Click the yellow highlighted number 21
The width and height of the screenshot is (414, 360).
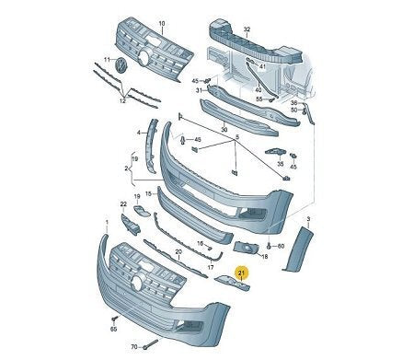pos(242,273)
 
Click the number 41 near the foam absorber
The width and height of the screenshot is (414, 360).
pos(262,66)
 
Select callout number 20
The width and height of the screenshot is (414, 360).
pos(177,251)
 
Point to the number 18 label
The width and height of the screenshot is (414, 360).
pos(264,257)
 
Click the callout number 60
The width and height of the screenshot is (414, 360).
pos(280,247)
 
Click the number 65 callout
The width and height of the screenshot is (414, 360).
pos(114,329)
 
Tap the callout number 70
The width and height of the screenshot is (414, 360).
pos(133,348)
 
